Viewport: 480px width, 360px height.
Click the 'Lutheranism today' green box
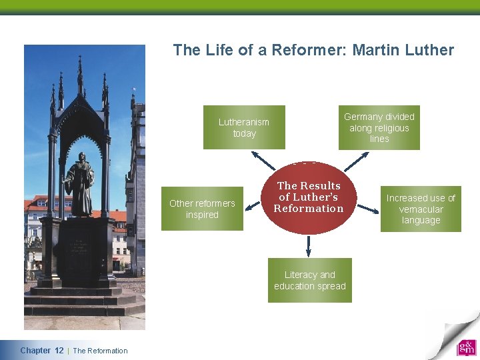(244, 127)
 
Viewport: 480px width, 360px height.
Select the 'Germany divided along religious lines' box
(379, 127)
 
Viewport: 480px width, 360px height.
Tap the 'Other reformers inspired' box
(202, 209)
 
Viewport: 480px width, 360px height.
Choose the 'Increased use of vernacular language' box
(421, 209)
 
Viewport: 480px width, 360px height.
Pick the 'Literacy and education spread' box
(309, 280)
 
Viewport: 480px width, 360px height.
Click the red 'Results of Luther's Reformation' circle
(308, 197)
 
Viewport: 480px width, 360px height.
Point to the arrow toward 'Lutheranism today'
(263, 160)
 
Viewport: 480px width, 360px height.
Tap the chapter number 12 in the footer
(59, 351)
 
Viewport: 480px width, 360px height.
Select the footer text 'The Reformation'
(100, 351)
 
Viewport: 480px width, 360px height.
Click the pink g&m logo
(467, 348)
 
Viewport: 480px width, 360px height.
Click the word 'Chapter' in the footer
(35, 351)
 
